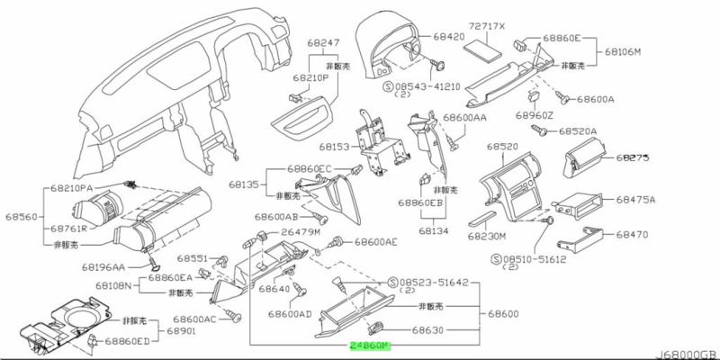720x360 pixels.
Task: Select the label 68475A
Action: [x=636, y=199]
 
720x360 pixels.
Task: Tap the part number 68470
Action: [x=632, y=234]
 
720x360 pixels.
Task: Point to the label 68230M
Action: [x=489, y=236]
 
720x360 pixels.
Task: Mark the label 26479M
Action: [x=301, y=232]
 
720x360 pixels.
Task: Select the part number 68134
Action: [x=434, y=231]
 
